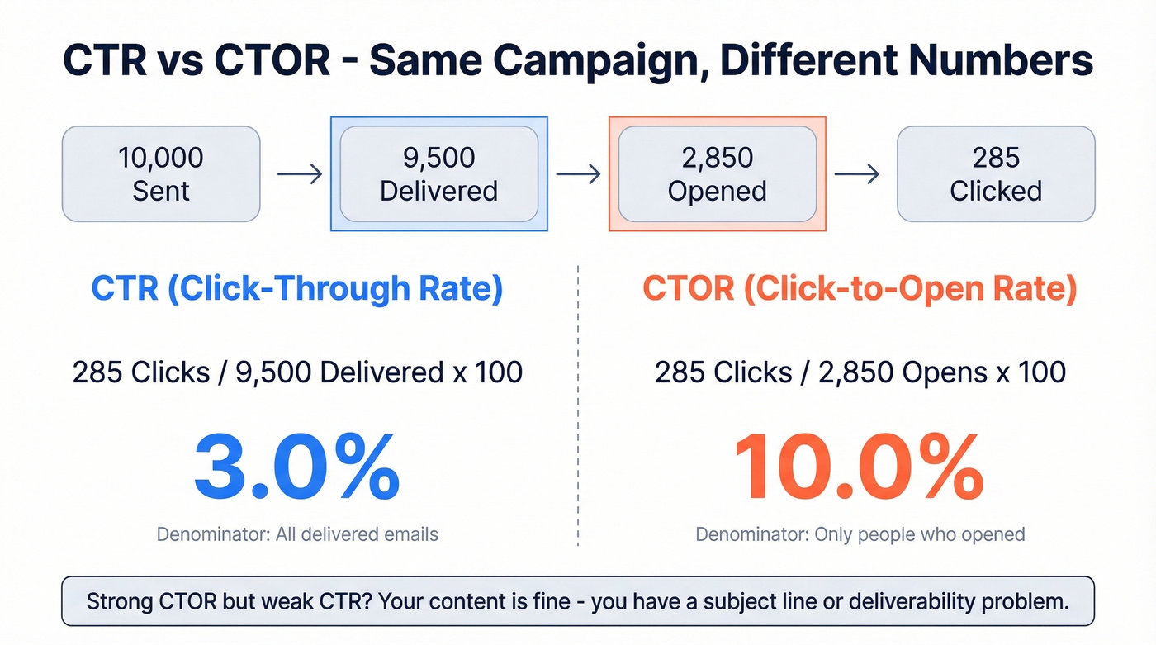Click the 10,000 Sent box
coord(161,174)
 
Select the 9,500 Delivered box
coord(438,174)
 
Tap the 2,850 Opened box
coord(717,174)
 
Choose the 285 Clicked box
coord(995,174)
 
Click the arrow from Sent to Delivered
coord(299,174)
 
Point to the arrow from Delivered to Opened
coord(577,174)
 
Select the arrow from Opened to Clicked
coord(856,174)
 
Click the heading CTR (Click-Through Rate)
coord(296,289)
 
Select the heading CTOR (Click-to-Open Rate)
coord(860,289)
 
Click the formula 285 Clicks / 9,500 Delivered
coord(297,372)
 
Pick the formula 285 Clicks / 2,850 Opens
coord(860,372)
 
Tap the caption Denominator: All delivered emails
coord(297,534)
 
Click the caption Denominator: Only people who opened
coord(860,534)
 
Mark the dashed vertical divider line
coord(578,405)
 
